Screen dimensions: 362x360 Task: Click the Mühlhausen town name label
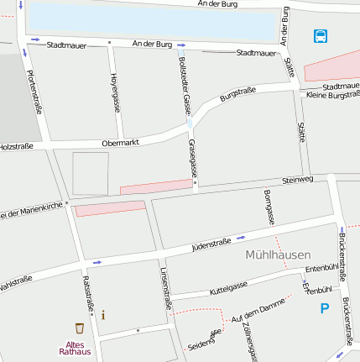[279, 254]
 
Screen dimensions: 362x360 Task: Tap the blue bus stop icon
[321, 35]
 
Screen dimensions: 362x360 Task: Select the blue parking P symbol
[325, 309]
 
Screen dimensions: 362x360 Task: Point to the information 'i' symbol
[103, 315]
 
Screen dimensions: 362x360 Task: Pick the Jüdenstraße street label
[211, 244]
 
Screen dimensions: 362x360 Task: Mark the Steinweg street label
[298, 180]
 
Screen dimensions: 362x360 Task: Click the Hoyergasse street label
[114, 92]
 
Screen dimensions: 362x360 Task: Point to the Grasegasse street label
[193, 157]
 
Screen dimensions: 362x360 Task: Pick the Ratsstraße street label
[88, 295]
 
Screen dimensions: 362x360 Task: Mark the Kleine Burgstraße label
[333, 95]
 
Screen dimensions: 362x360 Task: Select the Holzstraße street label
[16, 146]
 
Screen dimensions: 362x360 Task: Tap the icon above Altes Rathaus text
[80, 328]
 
